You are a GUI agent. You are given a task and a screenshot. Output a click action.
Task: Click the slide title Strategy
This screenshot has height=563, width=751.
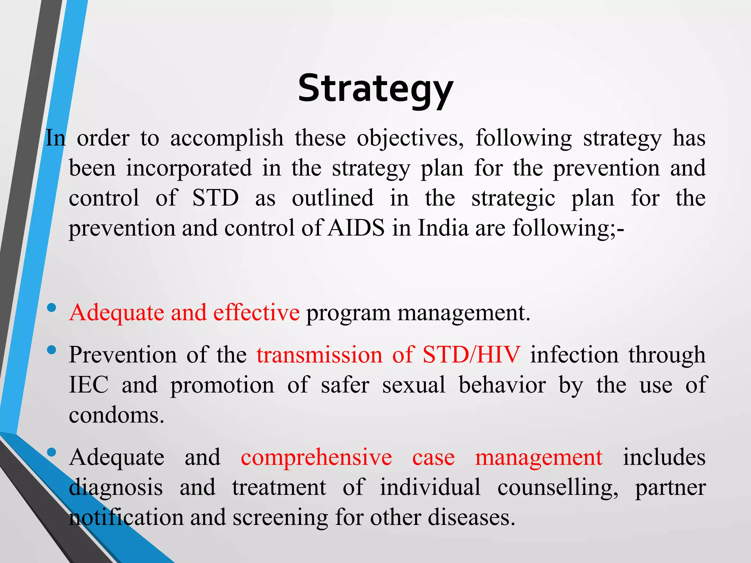point(375,89)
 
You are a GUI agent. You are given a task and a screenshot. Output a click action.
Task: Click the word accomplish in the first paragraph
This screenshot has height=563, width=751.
point(227,139)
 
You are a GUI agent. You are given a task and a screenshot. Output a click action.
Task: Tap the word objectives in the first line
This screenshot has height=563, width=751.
point(410,139)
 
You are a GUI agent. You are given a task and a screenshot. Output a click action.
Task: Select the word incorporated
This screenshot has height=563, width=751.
point(189,169)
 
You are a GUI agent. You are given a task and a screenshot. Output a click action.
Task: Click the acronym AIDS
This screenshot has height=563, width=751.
point(356,228)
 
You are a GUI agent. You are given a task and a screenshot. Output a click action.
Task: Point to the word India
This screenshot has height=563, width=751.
point(443,228)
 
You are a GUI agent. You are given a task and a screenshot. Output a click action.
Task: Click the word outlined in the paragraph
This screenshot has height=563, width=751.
point(333,198)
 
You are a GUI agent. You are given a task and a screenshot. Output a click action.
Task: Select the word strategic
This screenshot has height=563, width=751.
point(513,198)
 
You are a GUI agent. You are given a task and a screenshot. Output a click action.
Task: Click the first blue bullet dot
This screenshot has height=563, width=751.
point(52,308)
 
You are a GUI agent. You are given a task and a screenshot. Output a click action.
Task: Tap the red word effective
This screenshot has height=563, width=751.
point(256,313)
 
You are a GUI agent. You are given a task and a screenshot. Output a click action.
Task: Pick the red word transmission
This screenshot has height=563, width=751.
point(319,355)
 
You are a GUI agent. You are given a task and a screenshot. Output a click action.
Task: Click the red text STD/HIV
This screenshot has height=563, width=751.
point(471,355)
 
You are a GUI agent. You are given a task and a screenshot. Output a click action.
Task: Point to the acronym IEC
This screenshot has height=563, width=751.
point(89,385)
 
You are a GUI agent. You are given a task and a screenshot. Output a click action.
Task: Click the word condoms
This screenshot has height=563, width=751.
point(116,415)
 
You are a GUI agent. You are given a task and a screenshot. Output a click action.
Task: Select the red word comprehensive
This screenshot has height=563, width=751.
point(316,457)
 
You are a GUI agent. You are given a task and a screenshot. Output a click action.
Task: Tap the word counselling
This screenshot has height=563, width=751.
point(557,488)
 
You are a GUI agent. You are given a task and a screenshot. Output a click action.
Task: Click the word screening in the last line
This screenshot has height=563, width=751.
point(280,518)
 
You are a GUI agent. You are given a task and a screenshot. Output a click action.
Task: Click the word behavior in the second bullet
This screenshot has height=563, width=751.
point(502,385)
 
